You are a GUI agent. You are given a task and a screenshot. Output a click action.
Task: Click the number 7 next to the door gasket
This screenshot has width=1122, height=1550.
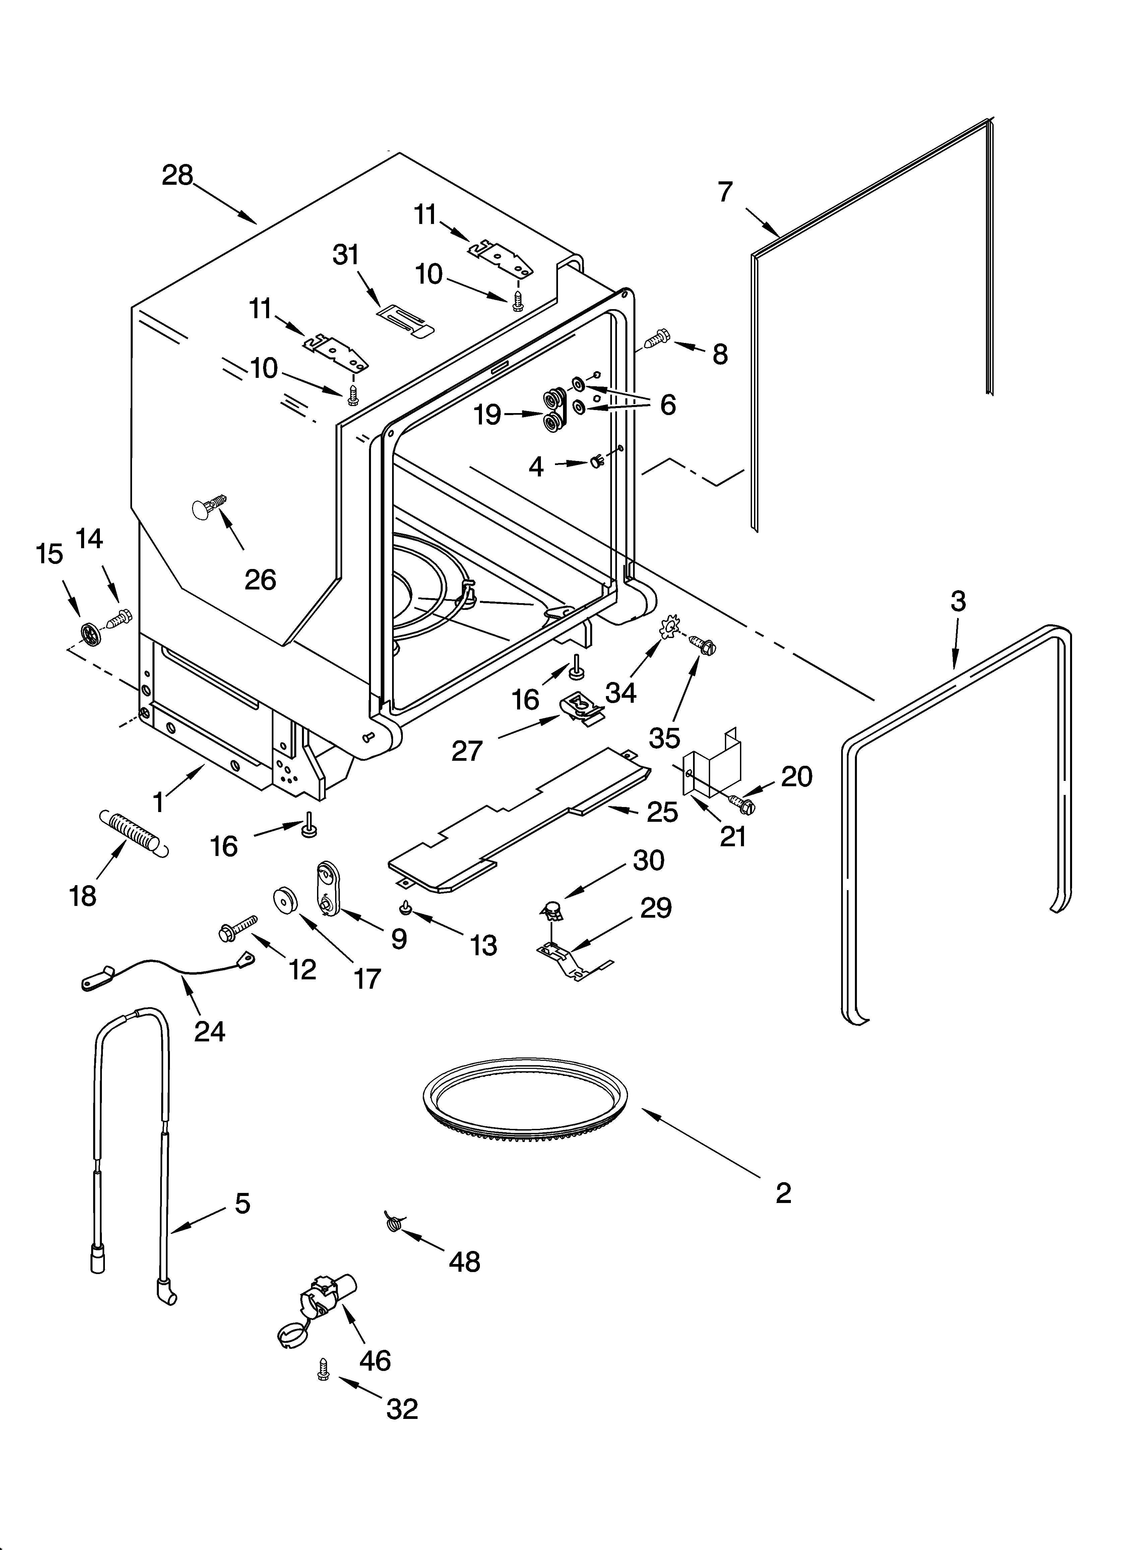(725, 192)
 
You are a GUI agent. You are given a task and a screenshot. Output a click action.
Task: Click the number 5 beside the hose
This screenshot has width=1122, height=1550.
(243, 1203)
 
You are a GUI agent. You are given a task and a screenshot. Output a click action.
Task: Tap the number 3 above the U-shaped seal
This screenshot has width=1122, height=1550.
(958, 601)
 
